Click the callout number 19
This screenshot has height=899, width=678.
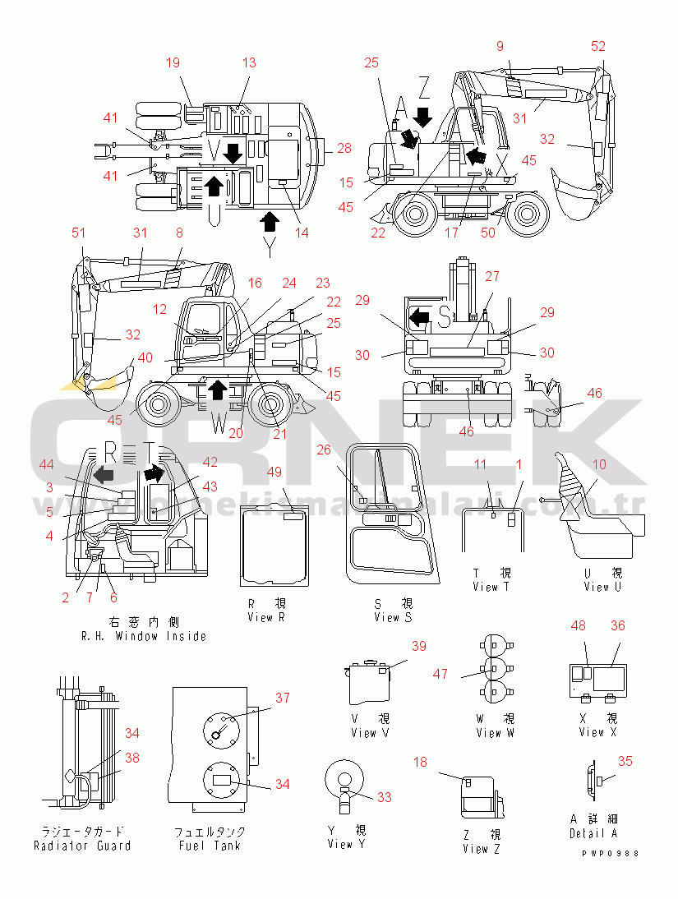[173, 62]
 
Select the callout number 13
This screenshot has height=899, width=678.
[249, 62]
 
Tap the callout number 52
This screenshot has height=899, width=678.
[598, 46]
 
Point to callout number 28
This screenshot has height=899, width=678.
[344, 149]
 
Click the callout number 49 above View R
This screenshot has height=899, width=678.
[274, 472]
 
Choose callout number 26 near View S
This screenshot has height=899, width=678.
[324, 449]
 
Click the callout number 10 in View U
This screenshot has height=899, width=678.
[599, 465]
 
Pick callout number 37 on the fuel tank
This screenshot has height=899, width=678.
[283, 698]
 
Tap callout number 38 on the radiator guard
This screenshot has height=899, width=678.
[132, 759]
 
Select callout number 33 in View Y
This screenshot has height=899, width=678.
[385, 797]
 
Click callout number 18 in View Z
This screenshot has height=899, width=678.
[421, 763]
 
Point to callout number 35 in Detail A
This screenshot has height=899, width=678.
[625, 762]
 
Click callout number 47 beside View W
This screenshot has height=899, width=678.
[440, 674]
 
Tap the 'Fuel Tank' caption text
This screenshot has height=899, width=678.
[209, 845]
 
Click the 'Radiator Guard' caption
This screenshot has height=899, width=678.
[82, 846]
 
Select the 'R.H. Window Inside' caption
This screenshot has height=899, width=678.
[144, 636]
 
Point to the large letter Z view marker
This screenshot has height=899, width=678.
[424, 85]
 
